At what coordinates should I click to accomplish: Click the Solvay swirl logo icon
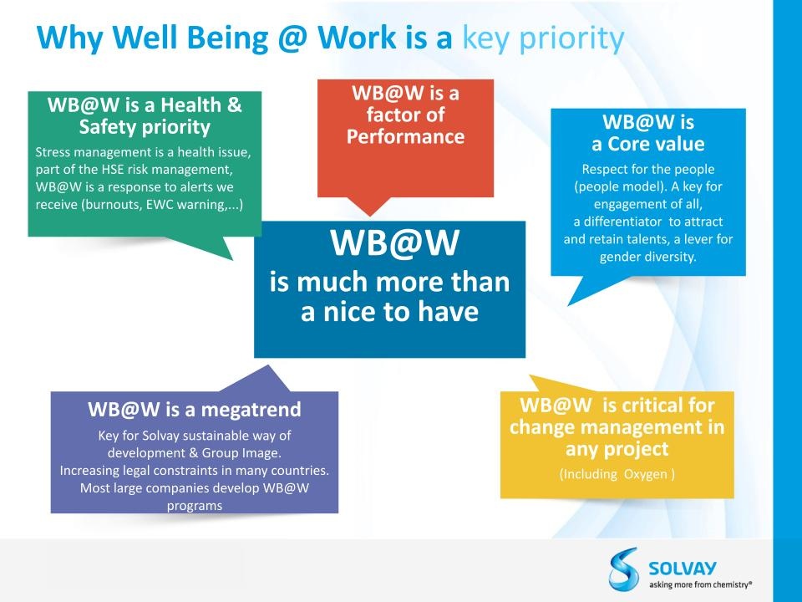click(623, 569)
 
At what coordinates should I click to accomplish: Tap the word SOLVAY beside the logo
click(683, 569)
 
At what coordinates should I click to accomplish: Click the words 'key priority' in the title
click(543, 38)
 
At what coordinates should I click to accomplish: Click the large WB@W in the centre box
click(394, 242)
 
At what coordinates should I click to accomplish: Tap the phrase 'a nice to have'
click(390, 311)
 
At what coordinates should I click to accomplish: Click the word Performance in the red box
click(406, 136)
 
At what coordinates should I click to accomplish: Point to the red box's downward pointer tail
click(369, 207)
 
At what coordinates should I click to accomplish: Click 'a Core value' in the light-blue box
click(648, 144)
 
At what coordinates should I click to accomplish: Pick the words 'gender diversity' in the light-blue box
click(648, 257)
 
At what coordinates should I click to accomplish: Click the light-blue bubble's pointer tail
click(576, 291)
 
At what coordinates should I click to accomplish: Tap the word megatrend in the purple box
click(251, 410)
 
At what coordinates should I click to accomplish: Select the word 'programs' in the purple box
click(195, 506)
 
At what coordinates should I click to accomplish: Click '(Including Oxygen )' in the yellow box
click(617, 474)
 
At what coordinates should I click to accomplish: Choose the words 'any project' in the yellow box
click(617, 449)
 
